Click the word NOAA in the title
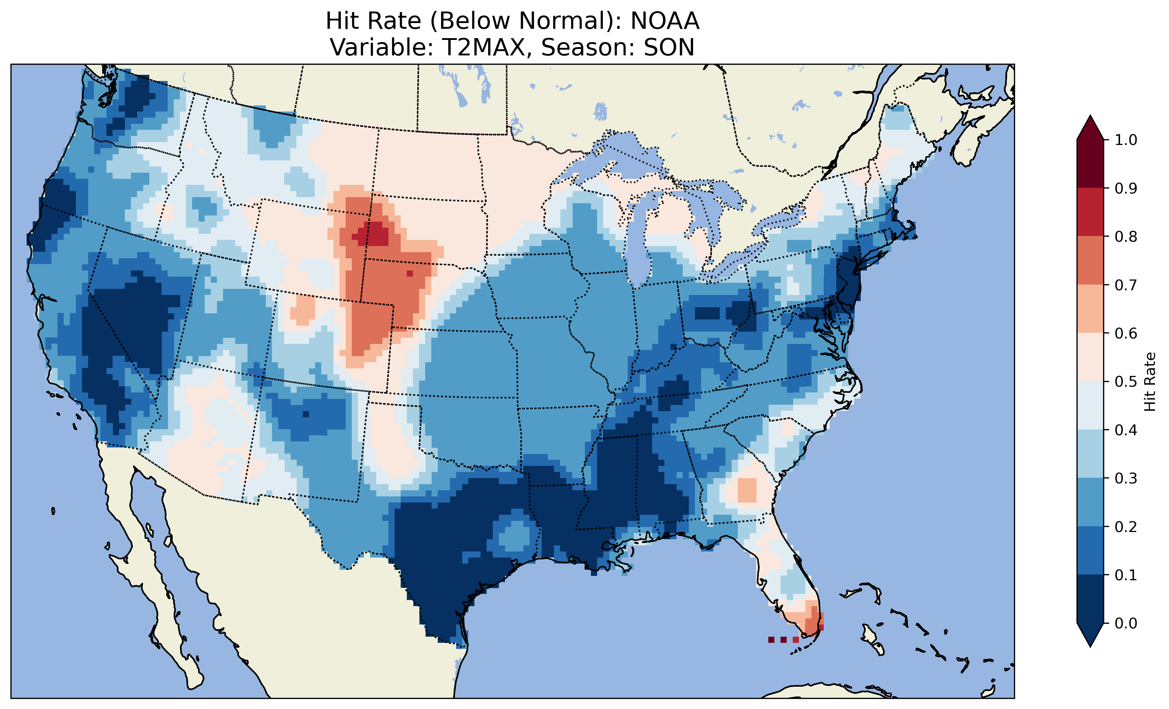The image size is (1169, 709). pyautogui.click(x=665, y=21)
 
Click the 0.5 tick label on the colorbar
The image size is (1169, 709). pyautogui.click(x=1126, y=382)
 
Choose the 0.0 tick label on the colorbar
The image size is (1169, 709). pyautogui.click(x=1126, y=623)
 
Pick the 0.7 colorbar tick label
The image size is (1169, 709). pyautogui.click(x=1126, y=285)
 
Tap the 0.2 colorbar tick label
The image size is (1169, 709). pyautogui.click(x=1126, y=527)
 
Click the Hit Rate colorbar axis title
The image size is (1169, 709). pyautogui.click(x=1150, y=382)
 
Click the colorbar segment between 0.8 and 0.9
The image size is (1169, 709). pyautogui.click(x=1090, y=212)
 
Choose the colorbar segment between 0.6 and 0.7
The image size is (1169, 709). pyautogui.click(x=1090, y=309)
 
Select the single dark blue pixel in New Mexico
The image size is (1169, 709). pyautogui.click(x=305, y=414)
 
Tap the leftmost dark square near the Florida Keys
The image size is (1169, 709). pyautogui.click(x=771, y=640)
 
